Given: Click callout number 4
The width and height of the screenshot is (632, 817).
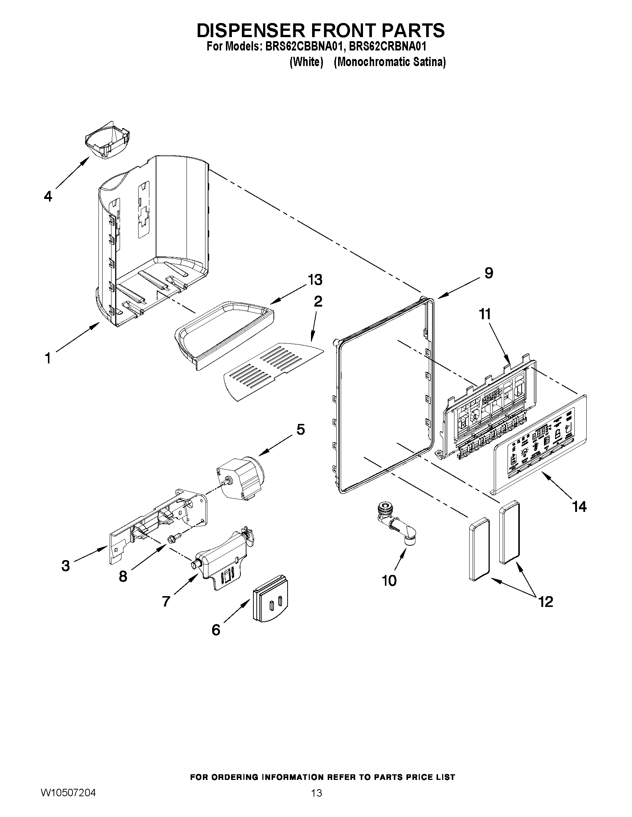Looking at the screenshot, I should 48,196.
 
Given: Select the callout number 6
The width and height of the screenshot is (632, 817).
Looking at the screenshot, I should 216,630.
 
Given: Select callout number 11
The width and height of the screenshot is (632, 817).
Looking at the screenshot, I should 485,314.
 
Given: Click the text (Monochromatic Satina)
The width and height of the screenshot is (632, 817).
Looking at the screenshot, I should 389,62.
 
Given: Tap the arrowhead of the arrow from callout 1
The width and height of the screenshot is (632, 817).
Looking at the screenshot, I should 98,324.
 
